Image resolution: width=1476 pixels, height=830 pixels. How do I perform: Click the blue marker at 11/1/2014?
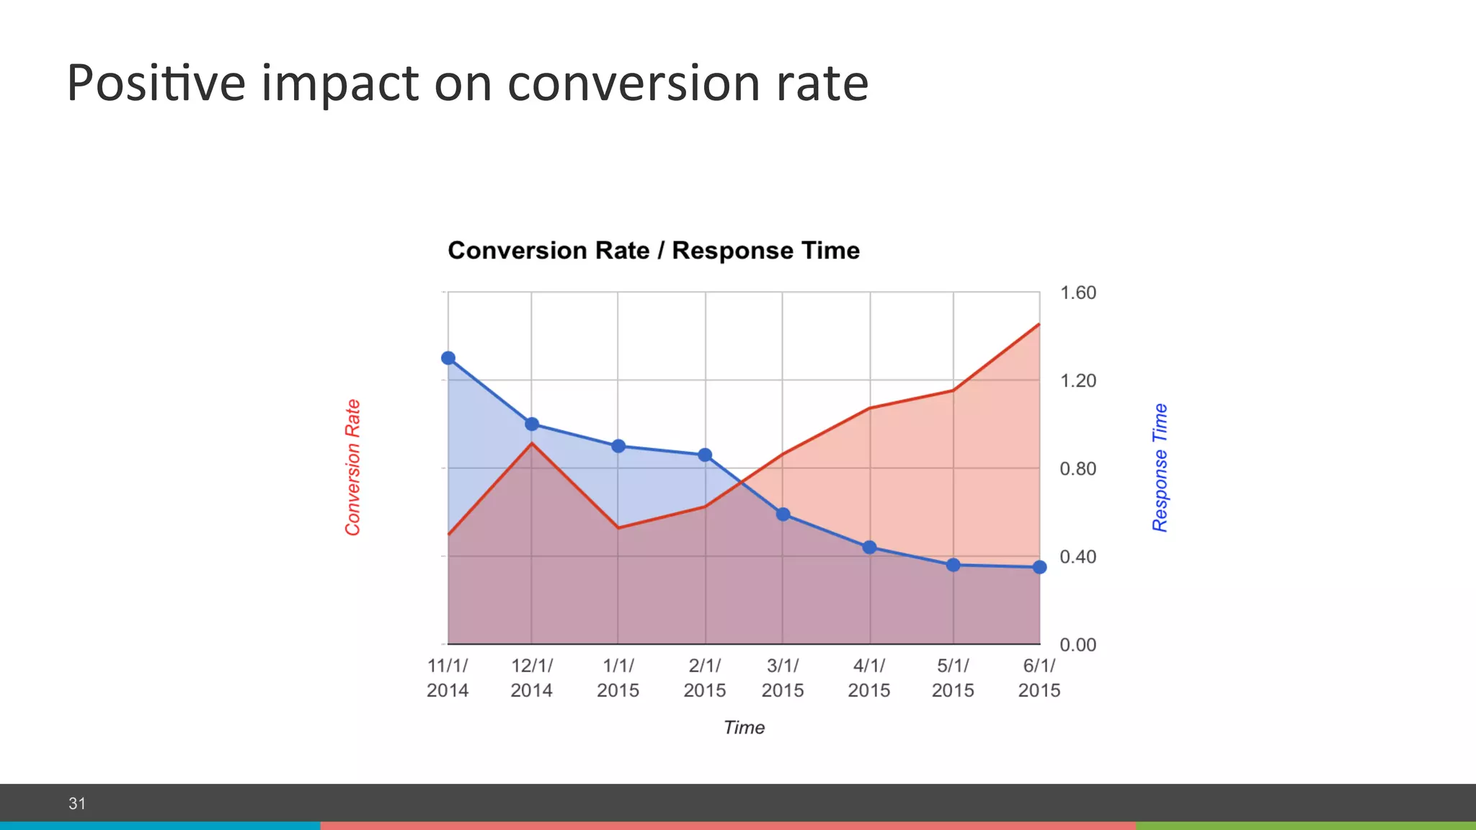click(448, 358)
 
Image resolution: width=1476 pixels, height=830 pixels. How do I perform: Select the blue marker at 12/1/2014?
click(532, 424)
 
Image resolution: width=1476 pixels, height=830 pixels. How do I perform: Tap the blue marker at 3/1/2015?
click(783, 514)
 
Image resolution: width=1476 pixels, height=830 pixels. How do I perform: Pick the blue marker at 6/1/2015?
click(1039, 568)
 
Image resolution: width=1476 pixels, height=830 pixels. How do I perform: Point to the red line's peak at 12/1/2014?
click(532, 443)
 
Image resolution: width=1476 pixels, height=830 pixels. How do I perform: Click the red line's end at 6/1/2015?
click(1039, 324)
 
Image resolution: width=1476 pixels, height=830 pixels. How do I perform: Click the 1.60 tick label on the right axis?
click(1077, 293)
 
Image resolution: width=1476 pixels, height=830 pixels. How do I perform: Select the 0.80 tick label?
click(1077, 469)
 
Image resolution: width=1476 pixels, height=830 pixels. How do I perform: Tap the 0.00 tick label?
click(1077, 645)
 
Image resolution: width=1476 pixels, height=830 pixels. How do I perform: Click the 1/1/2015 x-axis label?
click(618, 678)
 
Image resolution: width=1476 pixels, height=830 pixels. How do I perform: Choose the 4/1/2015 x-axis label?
click(869, 678)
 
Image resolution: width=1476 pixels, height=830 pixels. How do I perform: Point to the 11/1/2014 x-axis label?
click(448, 678)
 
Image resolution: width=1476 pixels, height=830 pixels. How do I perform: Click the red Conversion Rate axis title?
click(352, 468)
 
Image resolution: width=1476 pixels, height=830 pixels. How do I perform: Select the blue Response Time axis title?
click(1160, 468)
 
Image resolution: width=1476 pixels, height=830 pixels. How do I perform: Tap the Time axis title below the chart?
click(744, 728)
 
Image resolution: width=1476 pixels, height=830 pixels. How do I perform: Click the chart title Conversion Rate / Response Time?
click(654, 251)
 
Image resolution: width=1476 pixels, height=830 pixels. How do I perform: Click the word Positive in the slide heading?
click(156, 84)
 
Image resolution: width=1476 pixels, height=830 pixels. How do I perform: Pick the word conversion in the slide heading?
click(634, 84)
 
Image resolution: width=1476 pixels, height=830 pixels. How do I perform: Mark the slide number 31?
click(77, 803)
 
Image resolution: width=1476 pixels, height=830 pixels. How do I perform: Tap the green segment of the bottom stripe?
click(1304, 826)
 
